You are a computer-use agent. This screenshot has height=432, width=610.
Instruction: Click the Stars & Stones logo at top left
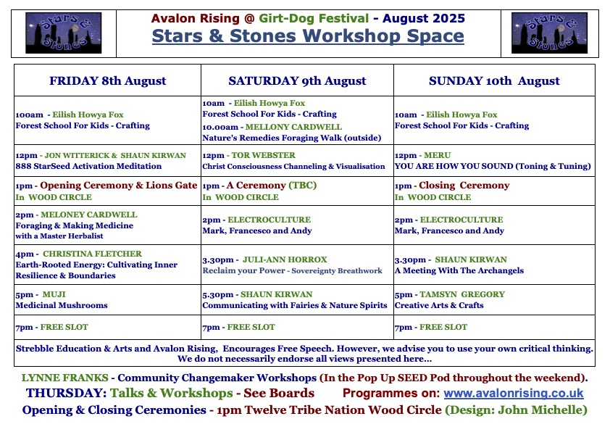[64, 33]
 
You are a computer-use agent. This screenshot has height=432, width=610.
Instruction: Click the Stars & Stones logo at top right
[549, 33]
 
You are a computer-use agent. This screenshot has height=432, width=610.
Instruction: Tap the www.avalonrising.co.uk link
[514, 393]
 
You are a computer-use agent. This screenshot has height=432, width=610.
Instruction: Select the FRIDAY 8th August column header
[107, 80]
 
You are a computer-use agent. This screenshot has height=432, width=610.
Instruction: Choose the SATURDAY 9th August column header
[297, 80]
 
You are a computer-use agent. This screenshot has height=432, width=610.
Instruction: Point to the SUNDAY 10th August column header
[494, 80]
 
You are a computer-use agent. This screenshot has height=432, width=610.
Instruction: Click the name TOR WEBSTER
[264, 155]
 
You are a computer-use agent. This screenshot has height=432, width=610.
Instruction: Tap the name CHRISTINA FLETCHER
[92, 254]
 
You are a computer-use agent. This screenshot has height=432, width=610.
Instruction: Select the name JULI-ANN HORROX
[285, 259]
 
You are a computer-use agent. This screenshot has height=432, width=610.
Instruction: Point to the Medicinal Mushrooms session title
[62, 305]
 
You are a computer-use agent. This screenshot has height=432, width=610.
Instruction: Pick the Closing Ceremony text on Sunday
[464, 186]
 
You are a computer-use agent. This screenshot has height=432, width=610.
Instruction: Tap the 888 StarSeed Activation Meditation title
[88, 166]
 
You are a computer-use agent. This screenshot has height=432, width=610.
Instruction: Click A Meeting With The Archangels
[459, 270]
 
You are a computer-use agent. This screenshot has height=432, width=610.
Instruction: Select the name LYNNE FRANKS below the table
[64, 378]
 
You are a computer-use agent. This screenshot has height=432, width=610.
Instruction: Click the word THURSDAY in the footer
[66, 393]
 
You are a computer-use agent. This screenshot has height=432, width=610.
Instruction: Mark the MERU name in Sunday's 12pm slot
[438, 155]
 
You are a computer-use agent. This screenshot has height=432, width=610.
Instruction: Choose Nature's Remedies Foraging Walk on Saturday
[292, 138]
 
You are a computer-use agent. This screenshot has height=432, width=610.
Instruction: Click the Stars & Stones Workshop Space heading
[308, 36]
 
